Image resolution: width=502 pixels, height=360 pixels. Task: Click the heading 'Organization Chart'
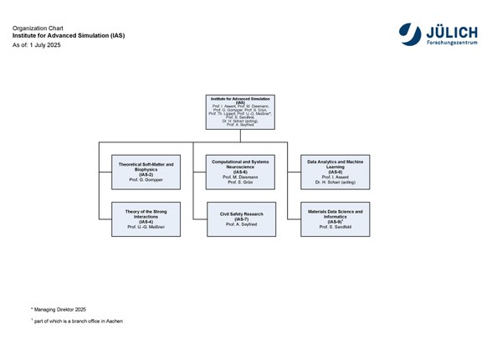tap(36, 29)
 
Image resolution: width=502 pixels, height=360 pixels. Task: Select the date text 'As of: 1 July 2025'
tap(37, 44)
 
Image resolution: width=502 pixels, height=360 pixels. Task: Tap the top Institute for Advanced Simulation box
tap(240, 112)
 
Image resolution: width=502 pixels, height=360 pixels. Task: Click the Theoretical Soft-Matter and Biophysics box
tap(146, 172)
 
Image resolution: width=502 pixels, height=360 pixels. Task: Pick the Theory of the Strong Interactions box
tap(146, 219)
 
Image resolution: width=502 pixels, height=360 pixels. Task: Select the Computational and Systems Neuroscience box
tap(240, 172)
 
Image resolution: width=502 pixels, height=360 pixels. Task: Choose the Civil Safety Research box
tap(240, 219)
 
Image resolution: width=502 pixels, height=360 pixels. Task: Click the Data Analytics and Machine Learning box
tap(335, 172)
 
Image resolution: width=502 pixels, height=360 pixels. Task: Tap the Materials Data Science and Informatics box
tap(335, 219)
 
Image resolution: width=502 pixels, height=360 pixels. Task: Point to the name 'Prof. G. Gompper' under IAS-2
tap(146, 181)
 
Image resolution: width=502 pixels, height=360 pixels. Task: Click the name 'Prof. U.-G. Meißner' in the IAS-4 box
tap(146, 228)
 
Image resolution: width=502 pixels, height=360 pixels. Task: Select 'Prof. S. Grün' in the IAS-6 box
tap(240, 183)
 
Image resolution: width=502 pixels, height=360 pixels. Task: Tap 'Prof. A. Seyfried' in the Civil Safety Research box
tap(240, 225)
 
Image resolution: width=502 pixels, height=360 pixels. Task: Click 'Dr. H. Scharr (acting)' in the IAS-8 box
tap(335, 183)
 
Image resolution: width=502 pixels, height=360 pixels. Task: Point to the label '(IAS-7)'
tap(240, 219)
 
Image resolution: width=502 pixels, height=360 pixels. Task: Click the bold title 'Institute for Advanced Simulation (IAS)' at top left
tap(69, 37)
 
